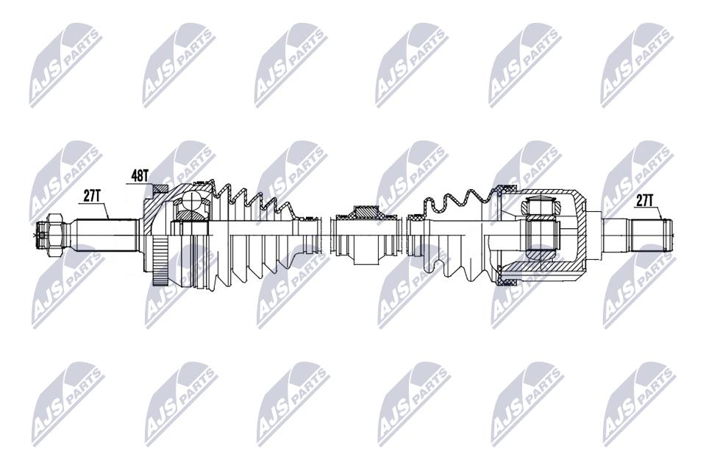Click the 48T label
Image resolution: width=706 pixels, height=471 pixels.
coord(140,176)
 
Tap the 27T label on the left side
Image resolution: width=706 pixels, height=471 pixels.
coord(92,196)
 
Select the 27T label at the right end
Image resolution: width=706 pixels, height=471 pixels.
coord(645,201)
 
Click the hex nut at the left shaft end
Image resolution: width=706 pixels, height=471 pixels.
coord(54,234)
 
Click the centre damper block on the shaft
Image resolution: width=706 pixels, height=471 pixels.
coord(366,234)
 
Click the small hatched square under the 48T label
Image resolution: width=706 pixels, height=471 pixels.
coord(160,191)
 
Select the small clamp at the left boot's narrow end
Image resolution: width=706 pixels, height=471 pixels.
coord(311,235)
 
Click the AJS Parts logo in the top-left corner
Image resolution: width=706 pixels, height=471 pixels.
coord(65,65)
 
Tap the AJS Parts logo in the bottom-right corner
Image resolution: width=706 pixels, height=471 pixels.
coord(639,404)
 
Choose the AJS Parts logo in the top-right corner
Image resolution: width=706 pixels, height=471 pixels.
coord(637,65)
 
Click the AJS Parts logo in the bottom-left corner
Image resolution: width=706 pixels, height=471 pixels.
coord(68,404)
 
